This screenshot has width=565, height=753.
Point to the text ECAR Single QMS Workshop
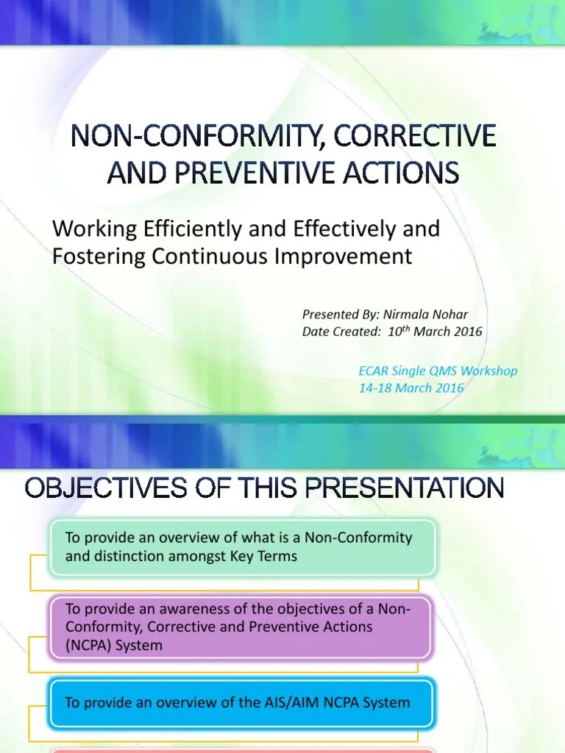[x=438, y=371]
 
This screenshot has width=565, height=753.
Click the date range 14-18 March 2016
[x=411, y=388]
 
